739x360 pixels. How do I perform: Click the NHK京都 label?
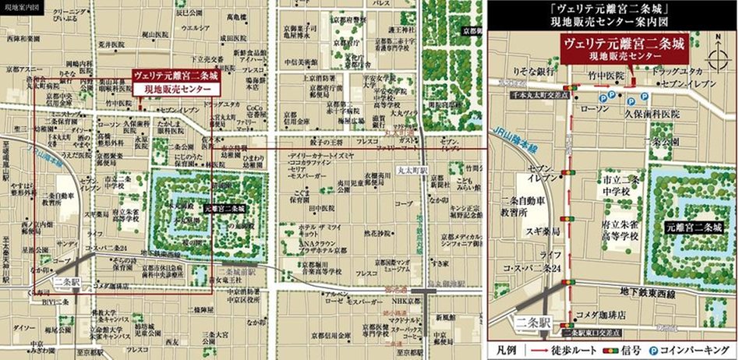coord(396,301)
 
